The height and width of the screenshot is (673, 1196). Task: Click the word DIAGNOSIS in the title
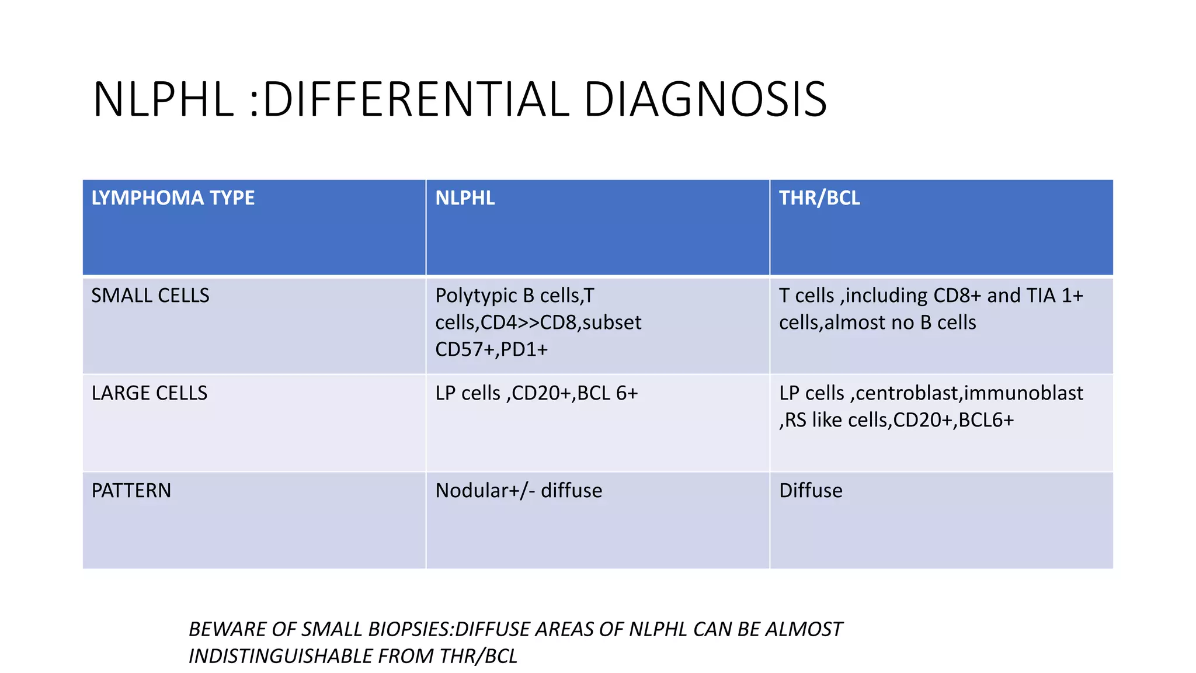705,100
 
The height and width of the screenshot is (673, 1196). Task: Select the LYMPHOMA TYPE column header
173,198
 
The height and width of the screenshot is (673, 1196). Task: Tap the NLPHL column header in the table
465,198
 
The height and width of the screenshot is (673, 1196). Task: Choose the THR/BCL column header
819,198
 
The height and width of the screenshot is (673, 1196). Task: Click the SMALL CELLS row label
150,296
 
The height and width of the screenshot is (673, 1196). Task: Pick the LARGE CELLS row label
149,393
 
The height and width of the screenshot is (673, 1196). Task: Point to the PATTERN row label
131,491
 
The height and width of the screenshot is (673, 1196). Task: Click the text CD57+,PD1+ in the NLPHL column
491,349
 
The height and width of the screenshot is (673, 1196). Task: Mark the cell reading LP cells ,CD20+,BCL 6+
536,393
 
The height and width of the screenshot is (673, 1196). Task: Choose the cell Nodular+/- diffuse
519,491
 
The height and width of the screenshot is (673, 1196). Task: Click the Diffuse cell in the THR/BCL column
811,491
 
